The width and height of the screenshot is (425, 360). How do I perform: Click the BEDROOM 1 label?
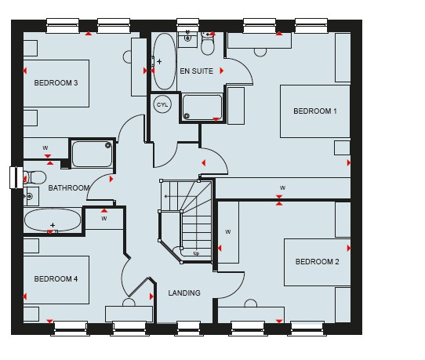click(315, 111)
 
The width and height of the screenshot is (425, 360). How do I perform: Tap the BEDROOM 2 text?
click(317, 262)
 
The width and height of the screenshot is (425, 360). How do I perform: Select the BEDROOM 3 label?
click(56, 82)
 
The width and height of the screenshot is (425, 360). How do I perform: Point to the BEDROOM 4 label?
click(56, 279)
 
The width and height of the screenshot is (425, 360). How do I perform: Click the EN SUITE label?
click(197, 71)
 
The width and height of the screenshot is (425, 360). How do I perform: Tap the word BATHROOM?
click(69, 188)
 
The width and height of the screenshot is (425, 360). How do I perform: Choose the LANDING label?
click(184, 293)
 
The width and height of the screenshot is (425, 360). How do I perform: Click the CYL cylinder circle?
click(162, 104)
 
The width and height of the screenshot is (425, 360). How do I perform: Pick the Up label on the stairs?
click(196, 253)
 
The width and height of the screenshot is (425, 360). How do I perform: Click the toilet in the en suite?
click(208, 43)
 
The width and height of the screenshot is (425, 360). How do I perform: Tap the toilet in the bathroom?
click(35, 178)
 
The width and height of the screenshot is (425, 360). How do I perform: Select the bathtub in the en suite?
click(164, 61)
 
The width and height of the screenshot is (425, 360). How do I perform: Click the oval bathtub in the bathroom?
click(53, 220)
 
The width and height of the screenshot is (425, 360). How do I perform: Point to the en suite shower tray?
click(202, 107)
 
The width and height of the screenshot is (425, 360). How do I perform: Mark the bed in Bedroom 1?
click(315, 111)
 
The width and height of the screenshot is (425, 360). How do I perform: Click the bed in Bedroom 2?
click(317, 262)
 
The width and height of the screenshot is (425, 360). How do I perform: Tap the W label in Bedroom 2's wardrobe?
click(228, 232)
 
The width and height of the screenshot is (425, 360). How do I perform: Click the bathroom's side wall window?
click(16, 177)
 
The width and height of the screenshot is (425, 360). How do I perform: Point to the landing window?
click(189, 329)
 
